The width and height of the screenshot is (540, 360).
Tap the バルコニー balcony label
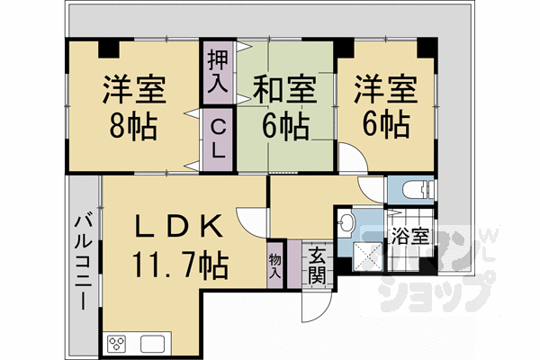click(x=82, y=260)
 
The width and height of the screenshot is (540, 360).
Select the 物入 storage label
click(x=275, y=264)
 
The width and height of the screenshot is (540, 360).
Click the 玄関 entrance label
click(x=316, y=264)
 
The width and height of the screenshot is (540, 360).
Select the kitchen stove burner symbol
click(x=119, y=343)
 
